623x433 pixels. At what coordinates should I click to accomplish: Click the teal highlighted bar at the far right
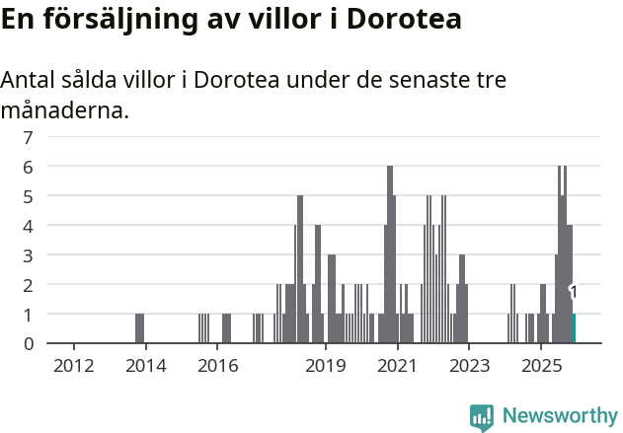(x=574, y=328)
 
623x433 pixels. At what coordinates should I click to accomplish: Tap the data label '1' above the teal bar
(x=573, y=292)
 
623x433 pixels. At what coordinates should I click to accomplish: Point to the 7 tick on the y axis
(x=29, y=137)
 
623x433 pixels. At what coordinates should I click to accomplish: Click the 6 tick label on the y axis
(x=29, y=167)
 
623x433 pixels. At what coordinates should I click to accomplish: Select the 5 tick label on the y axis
(x=29, y=196)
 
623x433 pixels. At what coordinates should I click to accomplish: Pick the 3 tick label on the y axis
(x=29, y=255)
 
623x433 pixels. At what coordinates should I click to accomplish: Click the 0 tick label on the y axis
(x=29, y=343)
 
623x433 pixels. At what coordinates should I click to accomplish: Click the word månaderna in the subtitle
(x=64, y=110)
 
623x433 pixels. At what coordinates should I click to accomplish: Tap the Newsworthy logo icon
(x=482, y=416)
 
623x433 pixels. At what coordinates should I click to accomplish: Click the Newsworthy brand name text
(x=559, y=416)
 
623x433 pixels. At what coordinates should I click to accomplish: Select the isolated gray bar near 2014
(x=139, y=328)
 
